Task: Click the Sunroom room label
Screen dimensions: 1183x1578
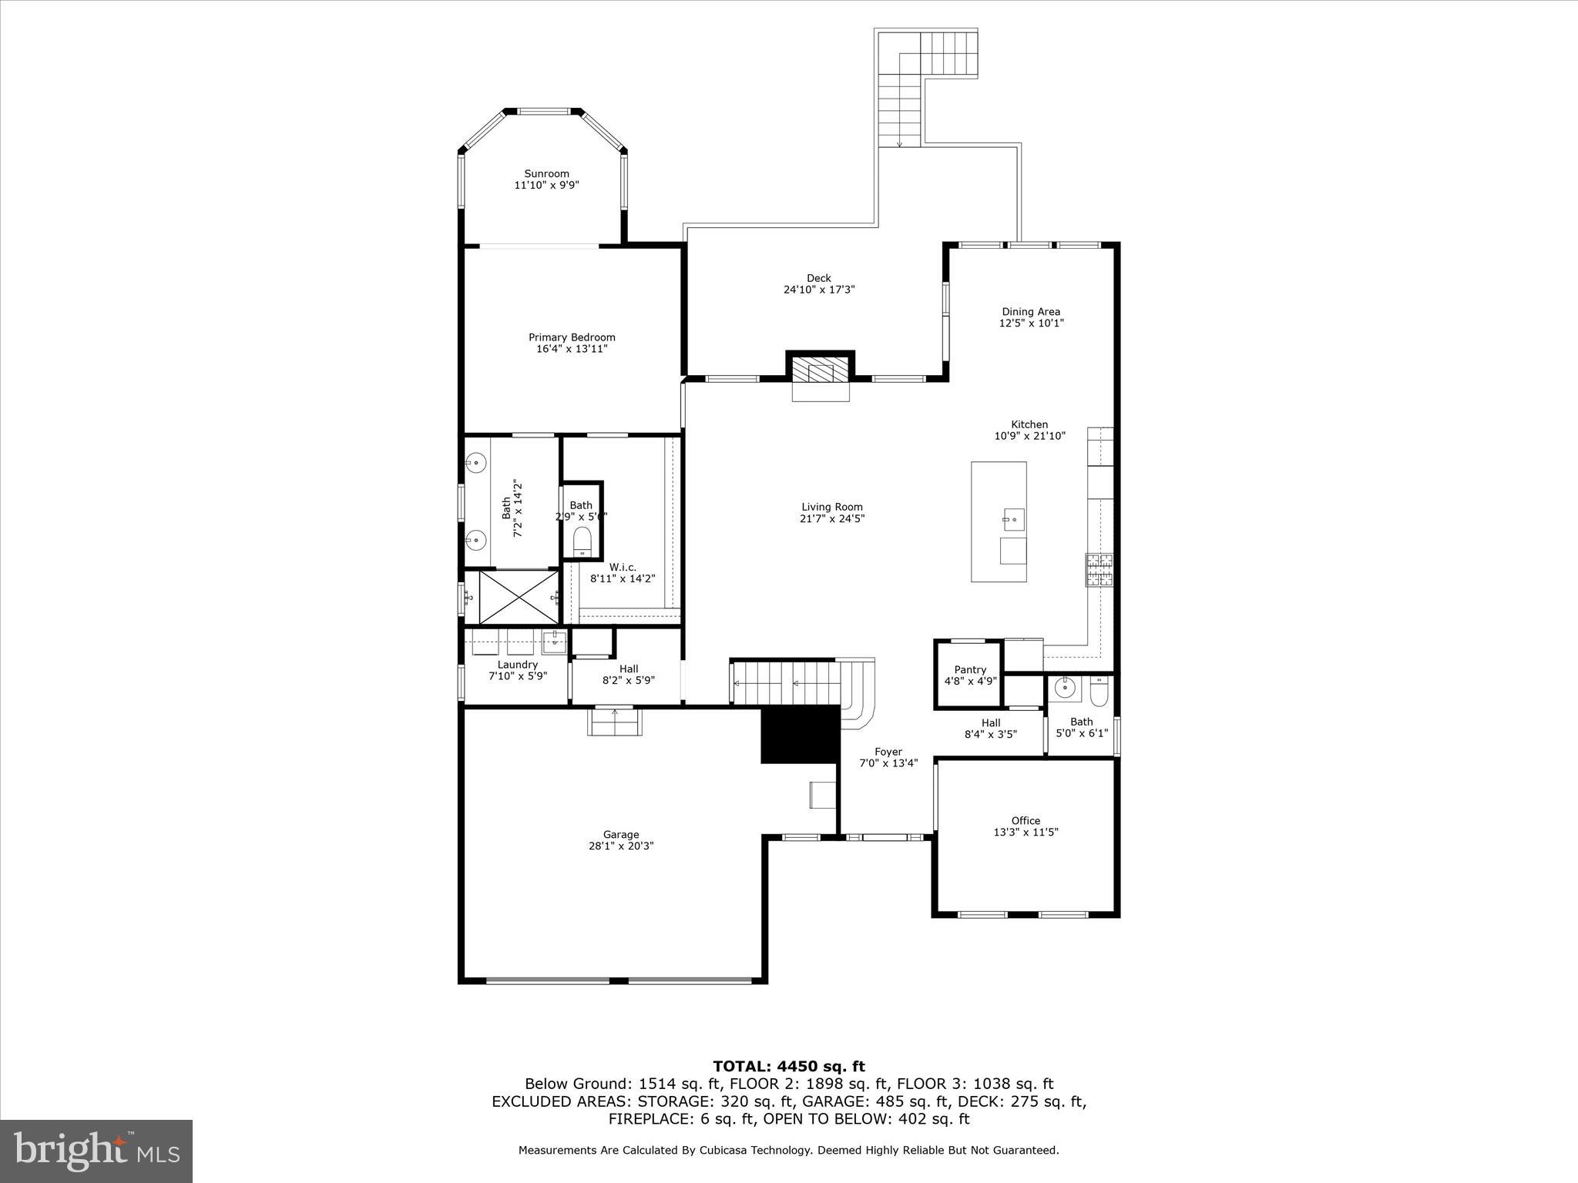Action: point(546,174)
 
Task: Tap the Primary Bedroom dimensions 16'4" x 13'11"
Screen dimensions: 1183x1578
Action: point(572,349)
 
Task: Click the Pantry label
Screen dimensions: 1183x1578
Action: point(970,670)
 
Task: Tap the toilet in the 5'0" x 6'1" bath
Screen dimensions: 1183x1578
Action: point(1099,692)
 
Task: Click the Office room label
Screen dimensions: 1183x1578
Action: point(1026,821)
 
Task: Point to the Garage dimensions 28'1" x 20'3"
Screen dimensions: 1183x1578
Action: point(621,846)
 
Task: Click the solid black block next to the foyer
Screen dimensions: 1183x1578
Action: point(799,736)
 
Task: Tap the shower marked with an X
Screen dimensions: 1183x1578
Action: point(519,597)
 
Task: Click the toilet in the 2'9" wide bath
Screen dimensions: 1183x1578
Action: point(583,541)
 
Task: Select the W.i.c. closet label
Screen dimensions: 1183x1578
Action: point(623,568)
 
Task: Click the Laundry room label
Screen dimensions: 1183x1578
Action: point(517,665)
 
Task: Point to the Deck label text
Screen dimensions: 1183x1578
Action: point(819,278)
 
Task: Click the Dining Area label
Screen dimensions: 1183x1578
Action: point(1031,312)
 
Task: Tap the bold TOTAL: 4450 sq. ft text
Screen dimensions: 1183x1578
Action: point(788,1067)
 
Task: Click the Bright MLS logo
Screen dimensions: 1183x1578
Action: point(96,1151)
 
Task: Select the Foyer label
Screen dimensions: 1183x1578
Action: point(888,752)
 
